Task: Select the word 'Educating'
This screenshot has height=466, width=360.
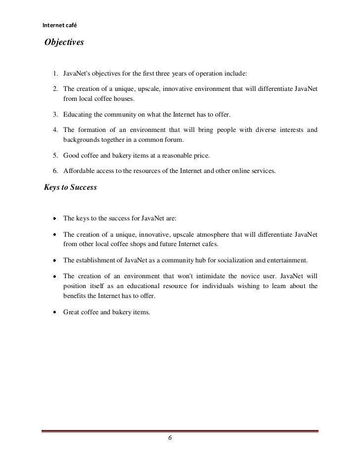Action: [x=78, y=115]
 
